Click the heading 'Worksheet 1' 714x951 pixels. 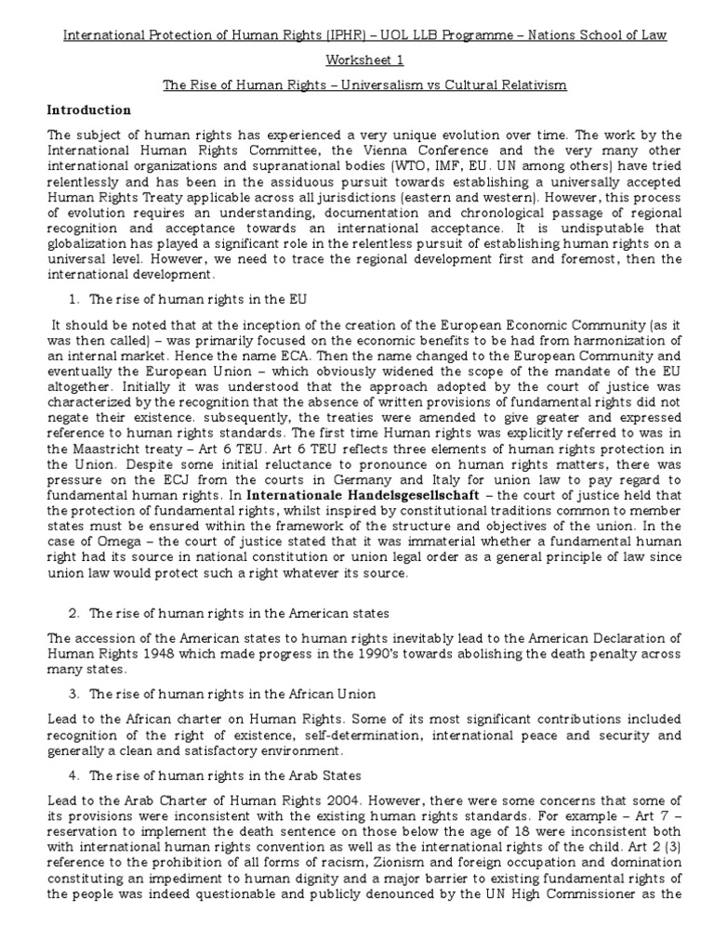click(x=357, y=59)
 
